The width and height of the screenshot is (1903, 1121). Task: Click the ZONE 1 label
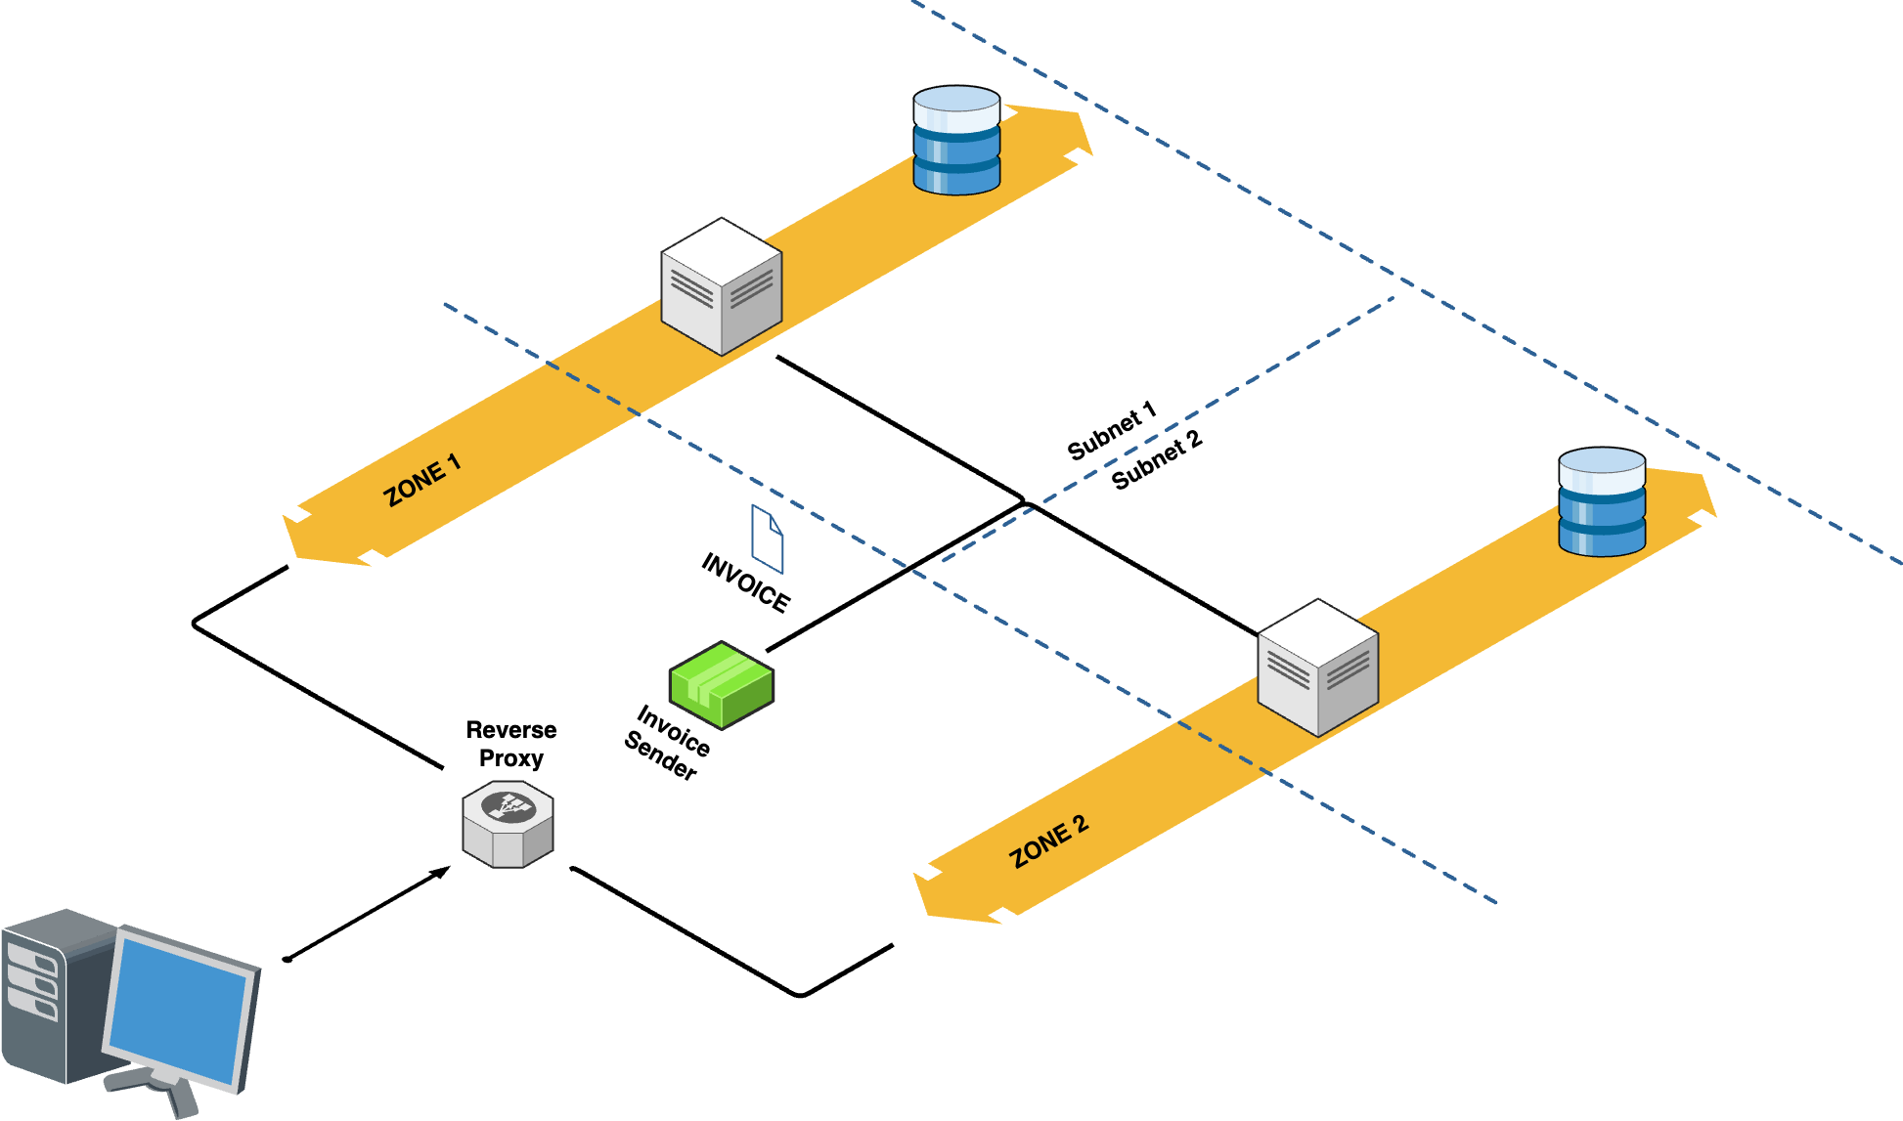(x=421, y=479)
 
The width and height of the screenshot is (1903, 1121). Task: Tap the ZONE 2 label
(x=1048, y=841)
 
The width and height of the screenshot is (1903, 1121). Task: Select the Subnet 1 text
(x=1111, y=430)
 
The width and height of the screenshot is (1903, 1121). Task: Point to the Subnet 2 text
(x=1156, y=459)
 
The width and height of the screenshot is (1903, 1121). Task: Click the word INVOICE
(x=745, y=582)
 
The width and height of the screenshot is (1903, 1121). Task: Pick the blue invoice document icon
(x=767, y=539)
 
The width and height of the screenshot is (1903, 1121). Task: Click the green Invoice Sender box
(x=722, y=684)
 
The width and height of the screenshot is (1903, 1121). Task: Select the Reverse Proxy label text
(x=510, y=744)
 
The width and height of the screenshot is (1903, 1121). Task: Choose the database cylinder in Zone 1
(x=956, y=140)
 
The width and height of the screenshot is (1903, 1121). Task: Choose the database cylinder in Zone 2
(x=1601, y=501)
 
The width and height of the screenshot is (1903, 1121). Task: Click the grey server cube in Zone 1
(x=722, y=286)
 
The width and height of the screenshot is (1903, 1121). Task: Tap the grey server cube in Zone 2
(x=1317, y=668)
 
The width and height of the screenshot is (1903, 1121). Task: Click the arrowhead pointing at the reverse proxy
(x=442, y=871)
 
